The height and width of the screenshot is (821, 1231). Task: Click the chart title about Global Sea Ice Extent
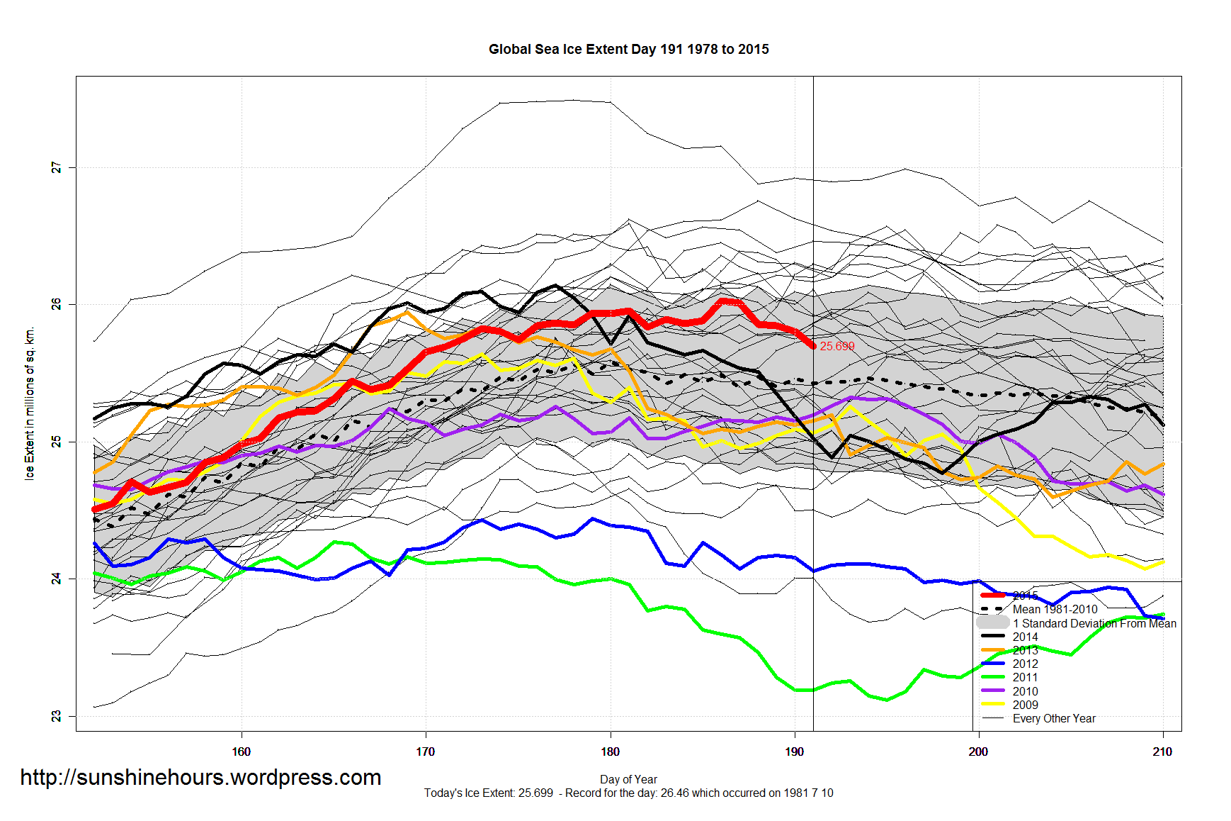tap(628, 49)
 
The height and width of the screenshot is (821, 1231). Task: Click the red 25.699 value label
tap(836, 346)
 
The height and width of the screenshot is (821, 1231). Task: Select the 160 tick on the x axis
tap(241, 752)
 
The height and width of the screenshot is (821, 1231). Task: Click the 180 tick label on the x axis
tap(610, 752)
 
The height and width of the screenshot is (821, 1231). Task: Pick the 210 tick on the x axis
tap(1162, 752)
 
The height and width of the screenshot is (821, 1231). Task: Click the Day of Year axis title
tap(628, 779)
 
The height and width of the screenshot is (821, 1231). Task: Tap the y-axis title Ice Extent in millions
tap(30, 403)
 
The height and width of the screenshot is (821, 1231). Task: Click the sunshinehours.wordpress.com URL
tap(200, 778)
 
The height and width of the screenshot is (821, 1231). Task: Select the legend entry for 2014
tap(1025, 637)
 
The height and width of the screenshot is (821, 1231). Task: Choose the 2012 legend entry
tap(1025, 664)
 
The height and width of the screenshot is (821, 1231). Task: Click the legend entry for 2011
tap(1025, 677)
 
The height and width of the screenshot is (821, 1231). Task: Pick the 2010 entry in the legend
tap(1025, 691)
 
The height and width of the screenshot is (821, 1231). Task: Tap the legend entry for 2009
tap(1025, 705)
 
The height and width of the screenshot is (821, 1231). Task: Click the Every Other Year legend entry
tap(1053, 718)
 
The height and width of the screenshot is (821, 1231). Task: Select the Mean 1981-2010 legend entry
tap(1055, 609)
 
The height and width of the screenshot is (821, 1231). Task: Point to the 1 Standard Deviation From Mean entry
tap(1094, 623)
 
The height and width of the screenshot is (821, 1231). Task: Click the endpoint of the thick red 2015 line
tap(813, 346)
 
